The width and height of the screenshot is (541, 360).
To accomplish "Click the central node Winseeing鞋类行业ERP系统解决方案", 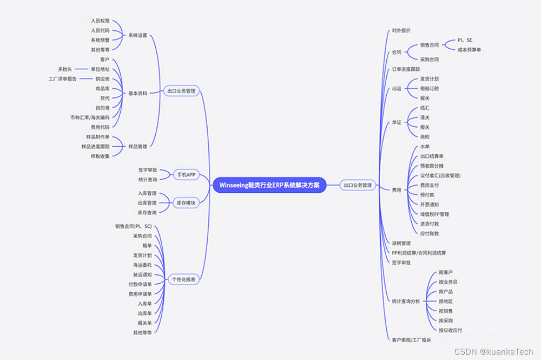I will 269,185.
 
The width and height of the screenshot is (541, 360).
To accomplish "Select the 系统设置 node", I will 137,35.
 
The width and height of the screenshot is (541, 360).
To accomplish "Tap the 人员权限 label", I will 100,21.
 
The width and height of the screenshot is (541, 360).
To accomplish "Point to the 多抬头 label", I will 65,69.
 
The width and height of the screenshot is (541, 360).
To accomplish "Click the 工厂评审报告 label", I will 63,78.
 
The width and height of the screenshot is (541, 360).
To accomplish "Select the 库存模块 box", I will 186,202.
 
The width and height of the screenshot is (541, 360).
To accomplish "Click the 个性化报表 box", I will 184,279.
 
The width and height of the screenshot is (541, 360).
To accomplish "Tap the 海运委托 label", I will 142,265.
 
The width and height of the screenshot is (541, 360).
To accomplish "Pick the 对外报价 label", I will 401,30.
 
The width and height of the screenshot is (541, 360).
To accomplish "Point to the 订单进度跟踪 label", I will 406,69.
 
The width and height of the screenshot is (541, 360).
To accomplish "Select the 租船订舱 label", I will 430,88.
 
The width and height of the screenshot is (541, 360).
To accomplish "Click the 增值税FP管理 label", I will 434,214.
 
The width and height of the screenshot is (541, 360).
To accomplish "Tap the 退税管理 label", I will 401,243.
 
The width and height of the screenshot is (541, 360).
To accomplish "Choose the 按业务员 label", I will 448,282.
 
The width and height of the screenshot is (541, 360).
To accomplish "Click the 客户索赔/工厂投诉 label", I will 411,340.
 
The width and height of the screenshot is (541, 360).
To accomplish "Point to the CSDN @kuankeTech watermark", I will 493,352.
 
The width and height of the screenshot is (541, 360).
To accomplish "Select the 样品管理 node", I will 137,146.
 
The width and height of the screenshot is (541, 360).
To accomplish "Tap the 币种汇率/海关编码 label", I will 90,117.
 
